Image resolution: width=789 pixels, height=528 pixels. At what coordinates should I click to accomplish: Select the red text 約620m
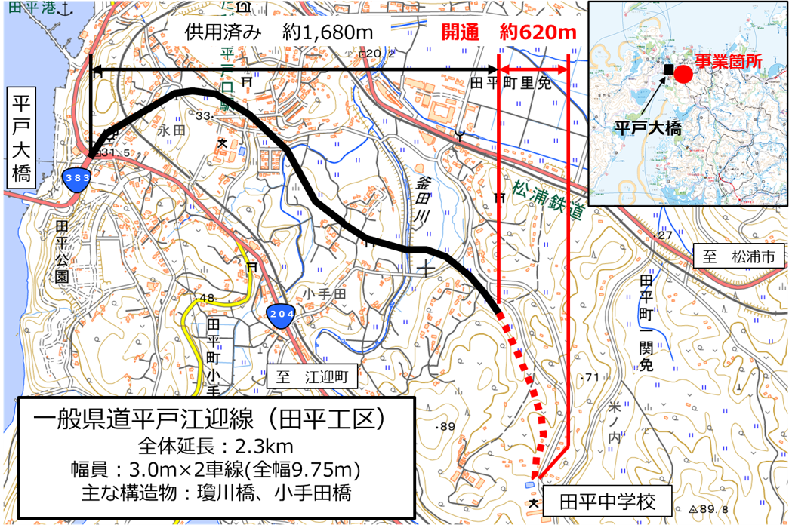tap(538, 34)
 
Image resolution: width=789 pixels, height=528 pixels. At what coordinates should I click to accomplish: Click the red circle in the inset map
tap(683, 73)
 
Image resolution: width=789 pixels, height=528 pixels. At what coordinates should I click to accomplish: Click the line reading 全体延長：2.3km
tap(214, 444)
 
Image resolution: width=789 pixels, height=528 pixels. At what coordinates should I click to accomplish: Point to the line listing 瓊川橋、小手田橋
tap(214, 493)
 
